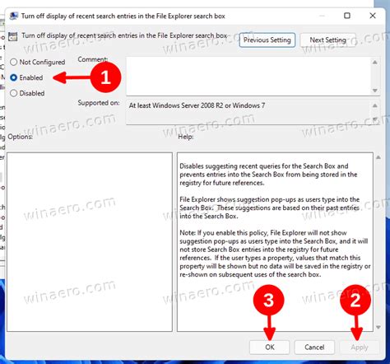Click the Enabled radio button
point(15,77)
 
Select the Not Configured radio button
point(15,62)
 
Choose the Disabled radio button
point(15,92)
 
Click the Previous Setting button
point(267,40)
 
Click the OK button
point(271,348)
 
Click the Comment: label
point(94,59)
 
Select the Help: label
point(186,135)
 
